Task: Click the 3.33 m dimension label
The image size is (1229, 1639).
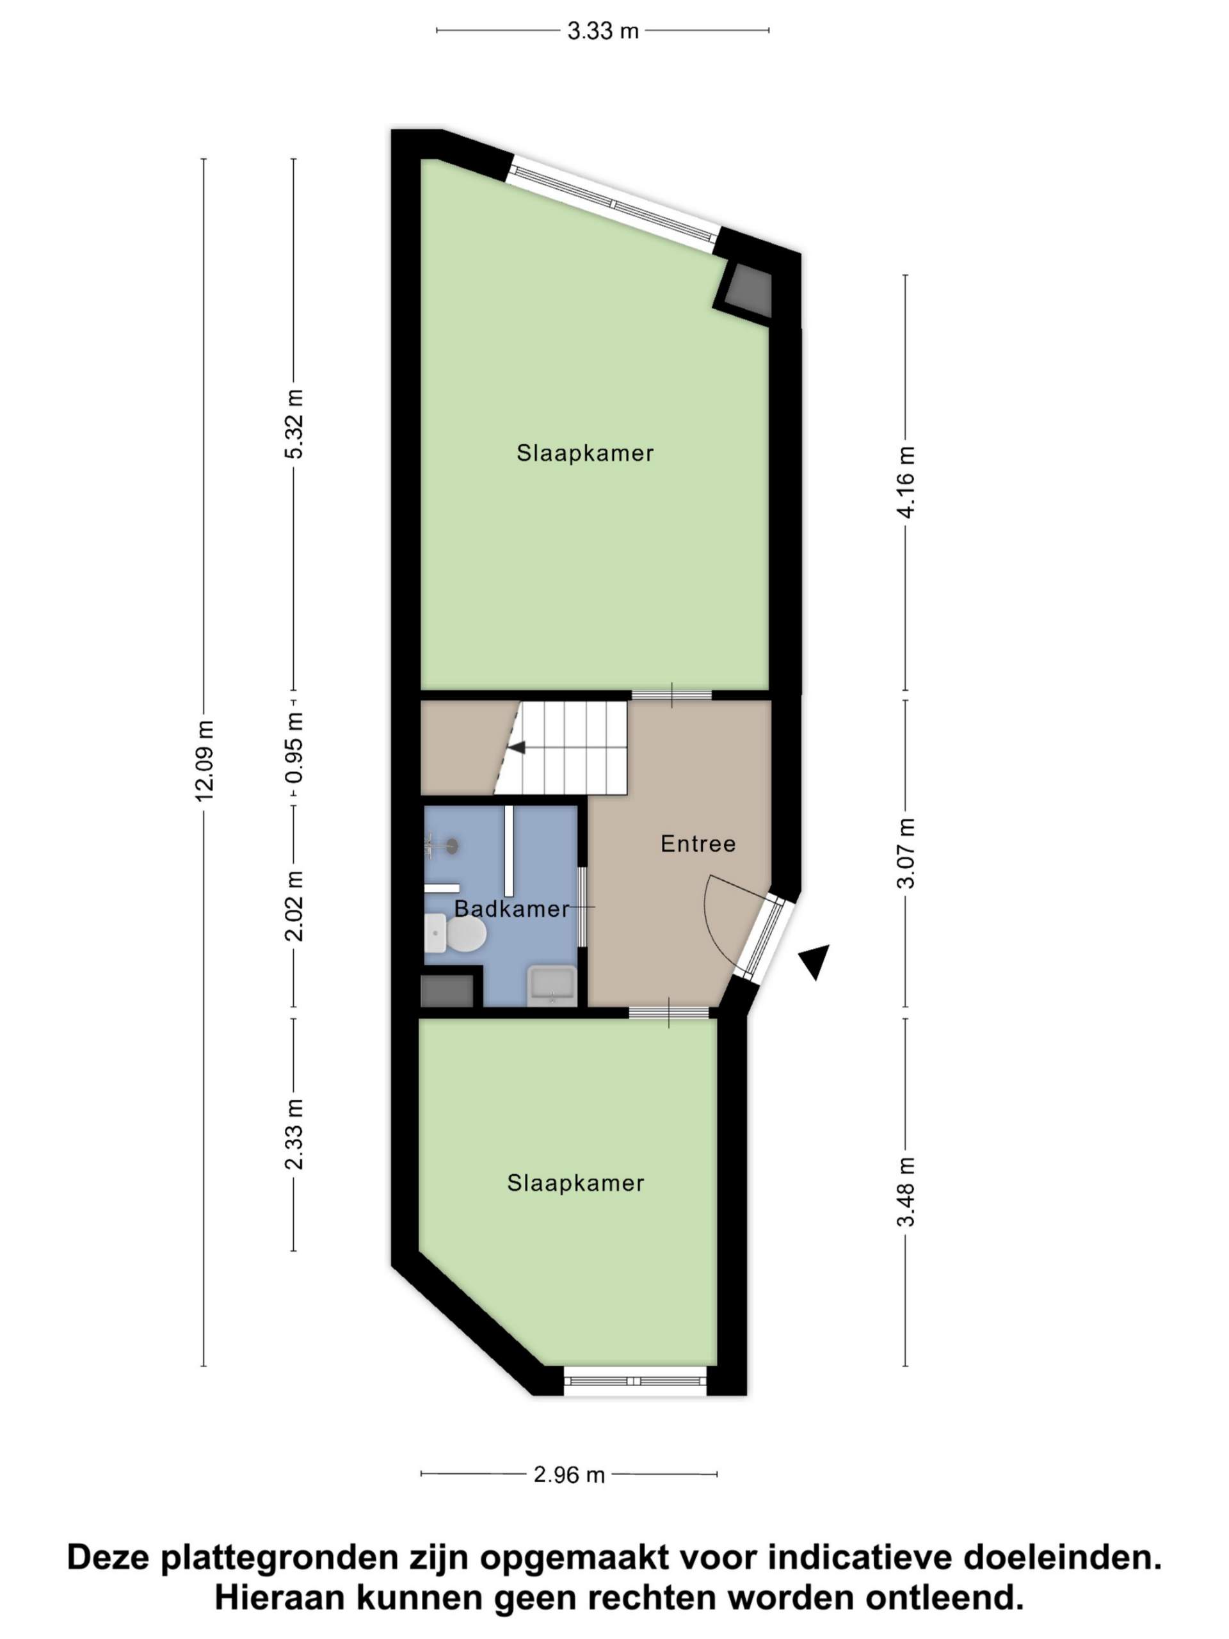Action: pos(602,31)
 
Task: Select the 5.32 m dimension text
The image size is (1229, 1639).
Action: pos(294,424)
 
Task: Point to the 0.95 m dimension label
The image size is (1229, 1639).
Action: pos(294,748)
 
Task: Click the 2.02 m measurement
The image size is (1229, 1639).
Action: pos(294,905)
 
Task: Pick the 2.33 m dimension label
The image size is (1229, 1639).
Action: pos(294,1134)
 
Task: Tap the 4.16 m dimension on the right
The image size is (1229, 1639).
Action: pos(905,481)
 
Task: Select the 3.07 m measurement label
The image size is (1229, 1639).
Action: pos(905,853)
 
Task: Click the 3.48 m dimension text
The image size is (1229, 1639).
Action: pos(905,1191)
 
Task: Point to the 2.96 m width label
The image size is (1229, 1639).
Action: pos(569,1475)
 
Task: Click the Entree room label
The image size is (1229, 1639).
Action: pos(698,844)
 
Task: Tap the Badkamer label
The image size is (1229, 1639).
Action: pos(512,909)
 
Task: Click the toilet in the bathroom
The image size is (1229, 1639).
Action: pos(455,933)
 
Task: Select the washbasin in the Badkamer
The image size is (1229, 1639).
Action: pos(552,985)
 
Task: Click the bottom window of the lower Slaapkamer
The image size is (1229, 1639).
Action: pos(635,1381)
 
